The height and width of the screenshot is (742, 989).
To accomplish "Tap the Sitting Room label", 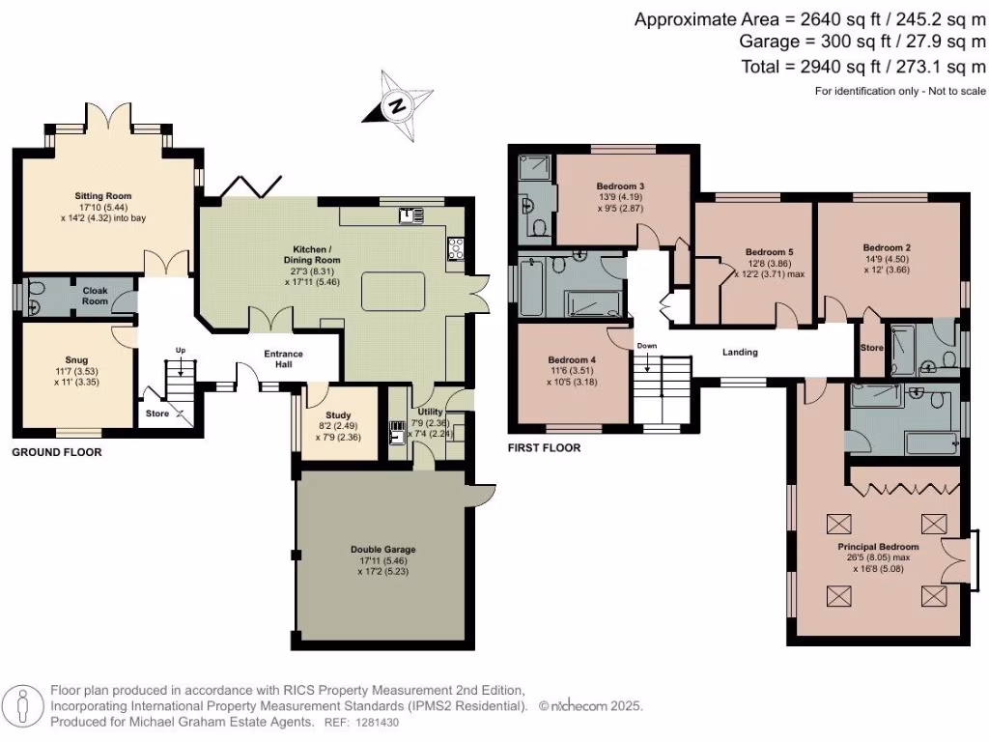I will (x=103, y=196).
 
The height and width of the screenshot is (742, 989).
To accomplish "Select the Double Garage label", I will (x=382, y=550).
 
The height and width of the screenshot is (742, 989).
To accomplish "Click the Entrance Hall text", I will (x=284, y=359).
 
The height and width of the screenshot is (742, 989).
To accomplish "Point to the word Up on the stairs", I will (x=180, y=349).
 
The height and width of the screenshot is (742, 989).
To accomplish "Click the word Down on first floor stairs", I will (x=647, y=346).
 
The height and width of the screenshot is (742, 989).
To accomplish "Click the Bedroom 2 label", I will (x=887, y=247).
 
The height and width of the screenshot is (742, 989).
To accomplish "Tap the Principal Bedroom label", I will (x=878, y=547).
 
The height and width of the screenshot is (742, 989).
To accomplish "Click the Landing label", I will (x=741, y=353).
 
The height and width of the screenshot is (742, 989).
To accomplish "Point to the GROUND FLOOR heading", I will (x=56, y=452).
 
